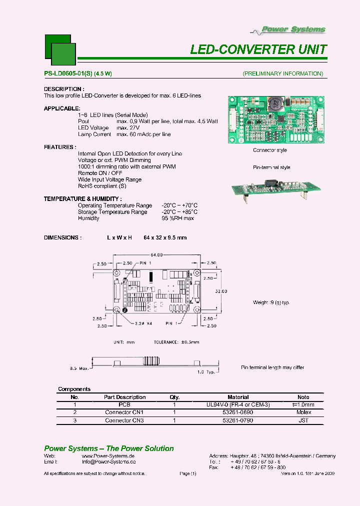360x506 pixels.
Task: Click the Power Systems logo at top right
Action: pos(294,29)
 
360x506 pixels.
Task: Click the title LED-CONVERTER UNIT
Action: pos(258,49)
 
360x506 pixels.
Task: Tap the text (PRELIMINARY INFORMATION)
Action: pos(283,73)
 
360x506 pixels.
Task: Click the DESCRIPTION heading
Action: pos(63,89)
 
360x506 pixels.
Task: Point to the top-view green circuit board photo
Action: pos(276,119)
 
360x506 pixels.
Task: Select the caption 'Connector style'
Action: pos(270,150)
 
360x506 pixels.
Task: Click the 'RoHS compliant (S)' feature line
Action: pos(102,186)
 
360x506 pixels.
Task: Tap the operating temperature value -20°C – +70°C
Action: pos(179,205)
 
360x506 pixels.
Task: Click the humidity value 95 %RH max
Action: pos(177,218)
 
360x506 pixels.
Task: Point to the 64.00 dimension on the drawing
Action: pos(157,255)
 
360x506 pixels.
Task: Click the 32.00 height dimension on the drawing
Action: pos(221,291)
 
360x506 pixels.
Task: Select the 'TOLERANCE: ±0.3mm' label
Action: pos(176,342)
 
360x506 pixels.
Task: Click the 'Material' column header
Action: pos(238,397)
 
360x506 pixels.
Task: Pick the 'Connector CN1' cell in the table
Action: pos(124,412)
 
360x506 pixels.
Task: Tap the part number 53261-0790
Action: pos(238,420)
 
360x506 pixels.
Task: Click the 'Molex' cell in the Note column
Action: pos(303,412)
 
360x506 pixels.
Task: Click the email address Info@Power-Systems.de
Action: pos(108,462)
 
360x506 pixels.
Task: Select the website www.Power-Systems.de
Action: pos(108,456)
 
